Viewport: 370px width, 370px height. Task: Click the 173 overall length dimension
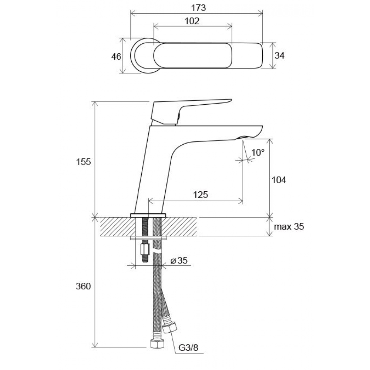[x=198, y=8]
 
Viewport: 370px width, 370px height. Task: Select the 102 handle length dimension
[x=192, y=21]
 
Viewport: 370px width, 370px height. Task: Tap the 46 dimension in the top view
[x=116, y=57]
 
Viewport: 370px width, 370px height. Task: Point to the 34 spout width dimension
[x=280, y=55]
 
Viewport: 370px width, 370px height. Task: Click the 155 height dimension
[x=83, y=162]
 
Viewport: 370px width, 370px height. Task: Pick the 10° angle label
[x=258, y=152]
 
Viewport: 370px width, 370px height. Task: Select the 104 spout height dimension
[x=279, y=180]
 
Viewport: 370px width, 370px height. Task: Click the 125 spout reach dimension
[x=201, y=195]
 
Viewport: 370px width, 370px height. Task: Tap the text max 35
[x=289, y=227]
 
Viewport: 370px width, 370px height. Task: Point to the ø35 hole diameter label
[x=179, y=260]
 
